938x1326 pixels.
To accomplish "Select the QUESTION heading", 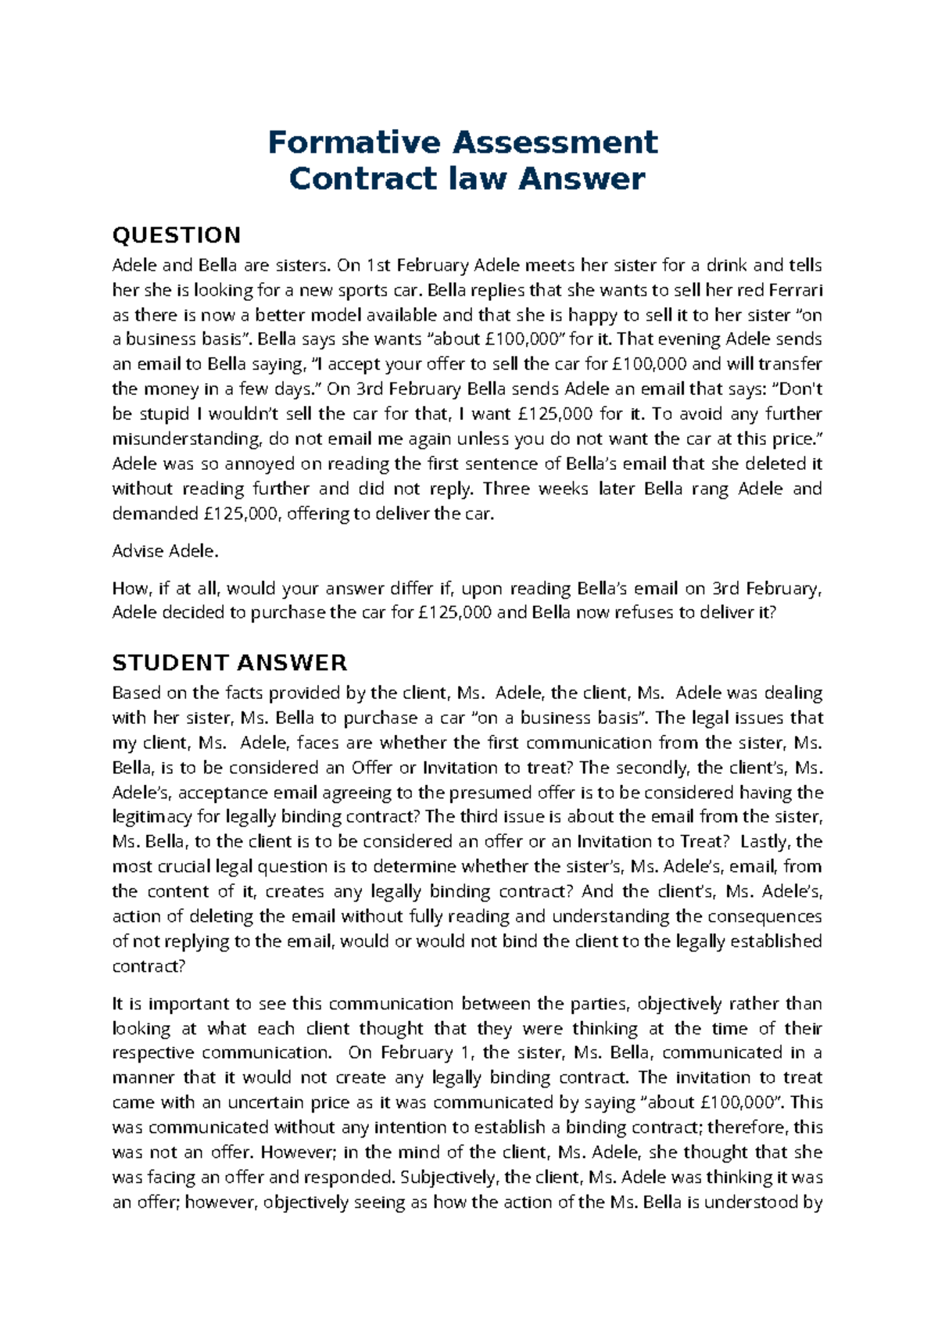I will point(177,235).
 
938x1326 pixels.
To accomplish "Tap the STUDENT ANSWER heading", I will point(229,663).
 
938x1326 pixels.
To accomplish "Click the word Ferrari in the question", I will point(796,290).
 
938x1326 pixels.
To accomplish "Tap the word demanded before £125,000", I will point(155,514).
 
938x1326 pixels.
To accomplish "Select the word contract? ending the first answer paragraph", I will point(149,966).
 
